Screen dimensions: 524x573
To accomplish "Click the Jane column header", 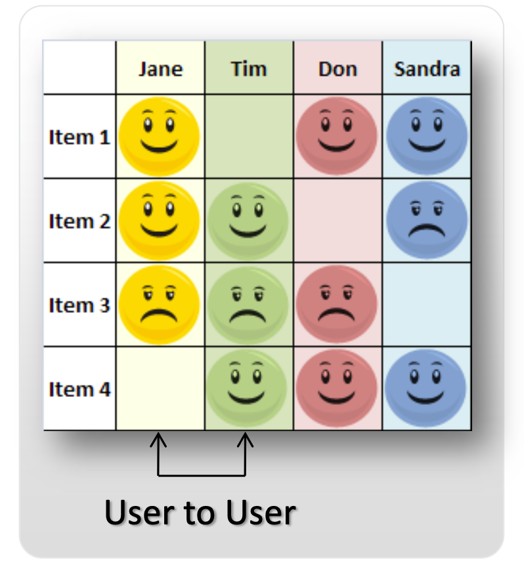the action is click(160, 69).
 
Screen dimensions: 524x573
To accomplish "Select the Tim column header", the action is click(249, 69).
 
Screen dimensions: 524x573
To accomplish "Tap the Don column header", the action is click(338, 69).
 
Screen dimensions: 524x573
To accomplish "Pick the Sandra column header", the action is click(427, 69).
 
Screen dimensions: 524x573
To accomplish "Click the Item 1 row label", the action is click(79, 137).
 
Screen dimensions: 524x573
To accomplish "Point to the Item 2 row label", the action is click(79, 221).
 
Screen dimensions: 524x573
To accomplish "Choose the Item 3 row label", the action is click(79, 306).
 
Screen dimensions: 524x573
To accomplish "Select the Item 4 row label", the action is click(79, 390).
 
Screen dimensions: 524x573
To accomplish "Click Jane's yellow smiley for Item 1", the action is click(160, 137).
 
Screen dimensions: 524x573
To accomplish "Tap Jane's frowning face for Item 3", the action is click(160, 305).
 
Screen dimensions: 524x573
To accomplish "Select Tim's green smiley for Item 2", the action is click(248, 221).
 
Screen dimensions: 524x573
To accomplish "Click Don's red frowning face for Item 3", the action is click(337, 305).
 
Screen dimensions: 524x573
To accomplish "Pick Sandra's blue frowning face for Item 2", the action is click(427, 221).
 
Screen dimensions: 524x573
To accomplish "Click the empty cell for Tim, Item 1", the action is click(249, 137).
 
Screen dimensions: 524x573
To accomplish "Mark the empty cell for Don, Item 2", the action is click(338, 221).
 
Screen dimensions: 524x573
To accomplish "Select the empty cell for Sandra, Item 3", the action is click(427, 305).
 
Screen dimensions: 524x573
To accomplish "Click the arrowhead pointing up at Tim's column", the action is click(245, 439).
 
